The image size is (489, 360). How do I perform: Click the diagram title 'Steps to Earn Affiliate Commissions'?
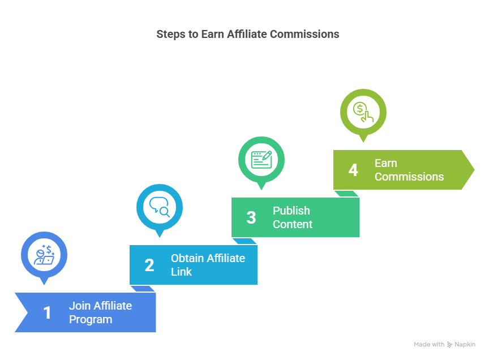[248, 35]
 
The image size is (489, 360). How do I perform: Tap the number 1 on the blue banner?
[47, 312]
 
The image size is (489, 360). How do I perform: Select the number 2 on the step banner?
[149, 265]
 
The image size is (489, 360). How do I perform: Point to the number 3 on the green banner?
[251, 217]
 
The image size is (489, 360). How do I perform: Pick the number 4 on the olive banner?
[353, 170]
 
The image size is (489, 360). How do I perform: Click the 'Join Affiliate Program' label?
[100, 312]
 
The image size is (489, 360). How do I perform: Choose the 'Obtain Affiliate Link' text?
[208, 265]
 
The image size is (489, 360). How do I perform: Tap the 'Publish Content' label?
[293, 217]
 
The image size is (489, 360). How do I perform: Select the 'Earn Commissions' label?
[409, 170]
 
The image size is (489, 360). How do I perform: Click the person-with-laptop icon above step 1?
[44, 255]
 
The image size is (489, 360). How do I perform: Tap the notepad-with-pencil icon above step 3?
[261, 160]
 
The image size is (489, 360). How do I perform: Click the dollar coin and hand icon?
[363, 112]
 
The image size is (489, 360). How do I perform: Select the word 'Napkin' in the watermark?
[465, 344]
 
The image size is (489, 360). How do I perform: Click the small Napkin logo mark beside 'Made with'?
[449, 345]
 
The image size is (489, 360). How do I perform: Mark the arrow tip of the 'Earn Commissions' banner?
[474, 170]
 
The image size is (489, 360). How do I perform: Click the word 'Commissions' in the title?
[304, 35]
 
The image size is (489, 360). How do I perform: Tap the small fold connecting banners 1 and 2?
[143, 289]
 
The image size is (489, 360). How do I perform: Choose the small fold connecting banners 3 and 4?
[346, 194]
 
